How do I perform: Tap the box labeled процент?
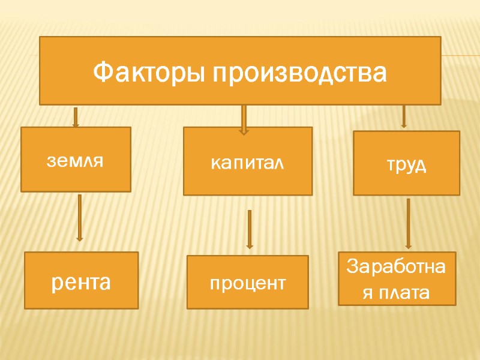click(x=247, y=282)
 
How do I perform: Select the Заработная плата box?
click(x=397, y=279)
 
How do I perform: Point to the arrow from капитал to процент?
click(x=250, y=229)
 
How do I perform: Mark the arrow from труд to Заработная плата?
click(x=409, y=223)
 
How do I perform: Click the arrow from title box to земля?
click(x=76, y=117)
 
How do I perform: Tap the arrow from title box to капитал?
click(x=244, y=119)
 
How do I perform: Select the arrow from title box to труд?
click(x=404, y=116)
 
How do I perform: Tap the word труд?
click(x=406, y=165)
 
